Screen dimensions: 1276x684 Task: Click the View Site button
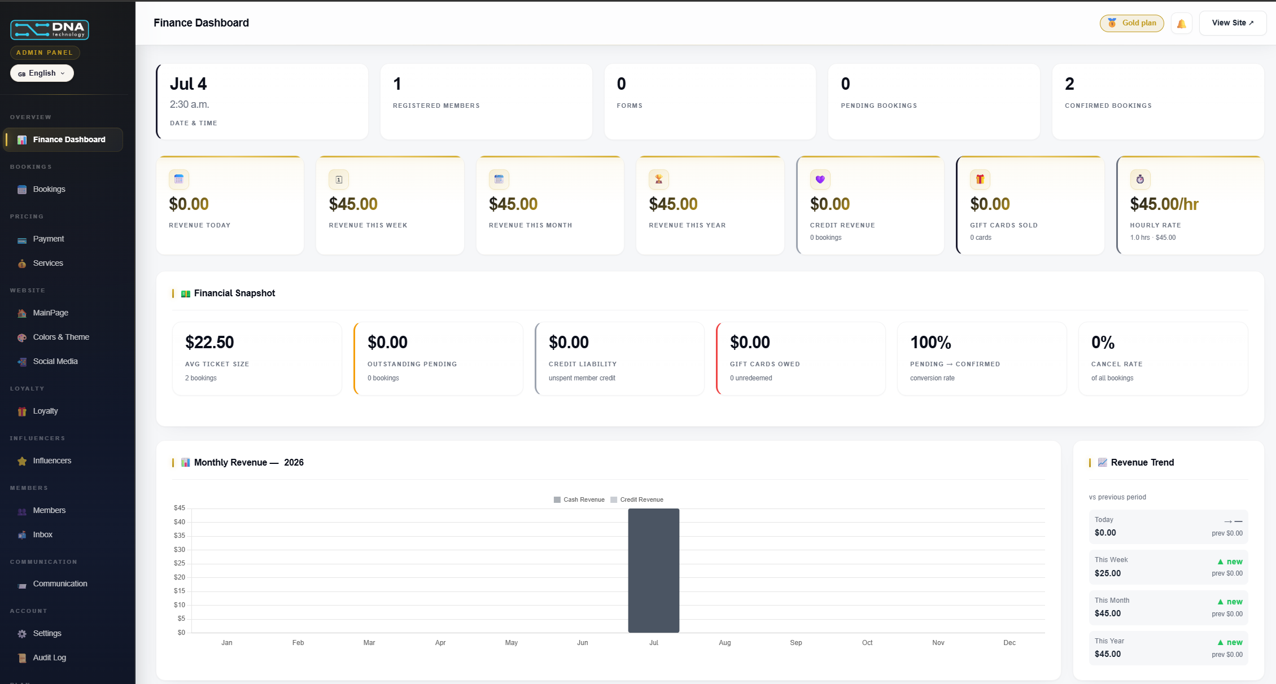(1233, 23)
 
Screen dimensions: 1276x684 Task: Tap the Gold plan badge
(1131, 23)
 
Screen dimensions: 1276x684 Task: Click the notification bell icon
(1181, 24)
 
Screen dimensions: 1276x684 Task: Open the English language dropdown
(42, 73)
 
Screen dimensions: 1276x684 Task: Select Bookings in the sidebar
(49, 190)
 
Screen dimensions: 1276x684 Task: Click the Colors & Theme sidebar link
(61, 337)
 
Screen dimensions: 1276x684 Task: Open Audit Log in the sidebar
(49, 658)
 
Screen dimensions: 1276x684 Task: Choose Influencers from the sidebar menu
(52, 461)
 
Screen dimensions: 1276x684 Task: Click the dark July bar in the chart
(654, 571)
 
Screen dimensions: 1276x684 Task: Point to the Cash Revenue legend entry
(579, 500)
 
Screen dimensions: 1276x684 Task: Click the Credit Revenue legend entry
(637, 500)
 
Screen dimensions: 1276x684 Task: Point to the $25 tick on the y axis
(180, 563)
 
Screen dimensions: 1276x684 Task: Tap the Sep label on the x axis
(796, 643)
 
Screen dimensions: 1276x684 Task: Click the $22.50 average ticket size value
(209, 343)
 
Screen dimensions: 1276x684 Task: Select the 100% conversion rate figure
(930, 343)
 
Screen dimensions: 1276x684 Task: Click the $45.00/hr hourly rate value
(1164, 204)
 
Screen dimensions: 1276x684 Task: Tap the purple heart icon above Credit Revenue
(820, 179)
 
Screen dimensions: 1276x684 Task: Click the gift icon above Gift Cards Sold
(980, 179)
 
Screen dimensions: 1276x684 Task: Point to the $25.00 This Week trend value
(1108, 573)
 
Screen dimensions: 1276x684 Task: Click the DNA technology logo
(50, 30)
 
